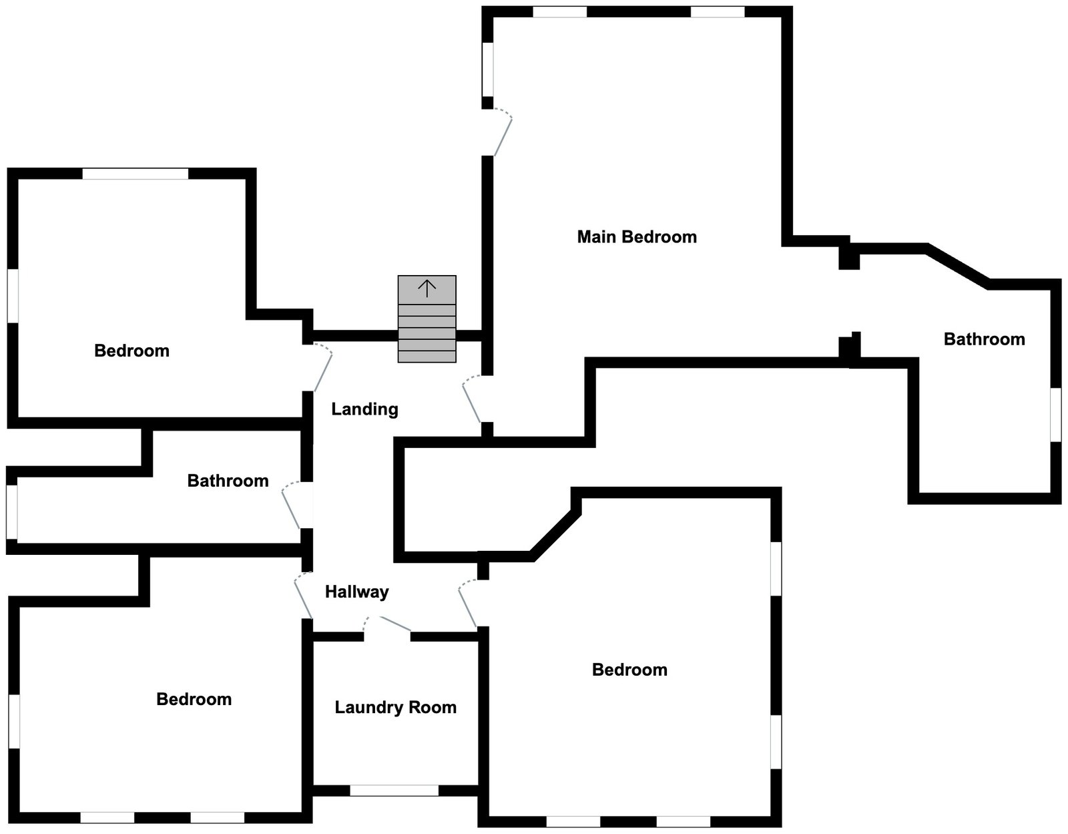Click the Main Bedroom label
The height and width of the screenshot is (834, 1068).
(637, 237)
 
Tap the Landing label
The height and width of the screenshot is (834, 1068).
(364, 409)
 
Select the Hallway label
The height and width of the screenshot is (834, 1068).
(356, 592)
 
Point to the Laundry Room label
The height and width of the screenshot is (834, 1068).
(395, 708)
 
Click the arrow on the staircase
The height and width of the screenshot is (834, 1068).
(427, 288)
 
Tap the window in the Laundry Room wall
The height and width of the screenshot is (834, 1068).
(394, 791)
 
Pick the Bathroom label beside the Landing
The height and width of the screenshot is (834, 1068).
(228, 481)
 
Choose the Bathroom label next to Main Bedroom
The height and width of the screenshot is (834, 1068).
(984, 339)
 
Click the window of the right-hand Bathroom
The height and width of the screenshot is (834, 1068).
(1055, 415)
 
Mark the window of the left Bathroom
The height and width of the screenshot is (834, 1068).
(12, 511)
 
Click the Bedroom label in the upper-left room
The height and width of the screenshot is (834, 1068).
(131, 351)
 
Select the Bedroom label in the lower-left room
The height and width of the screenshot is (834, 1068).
(194, 700)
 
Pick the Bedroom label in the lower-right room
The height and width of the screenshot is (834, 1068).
(629, 670)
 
